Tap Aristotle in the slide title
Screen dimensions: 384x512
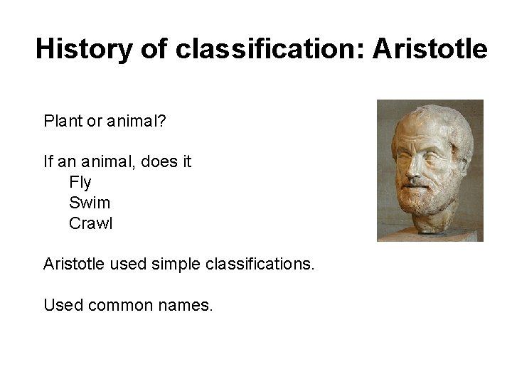coord(430,50)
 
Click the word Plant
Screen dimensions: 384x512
coord(63,122)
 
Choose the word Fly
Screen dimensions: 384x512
coord(80,183)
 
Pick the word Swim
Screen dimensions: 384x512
coord(90,203)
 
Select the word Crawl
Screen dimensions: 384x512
coord(91,223)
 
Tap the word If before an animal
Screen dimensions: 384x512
coord(48,162)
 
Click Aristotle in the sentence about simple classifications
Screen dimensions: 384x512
coord(75,265)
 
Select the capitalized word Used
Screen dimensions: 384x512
coord(63,306)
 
